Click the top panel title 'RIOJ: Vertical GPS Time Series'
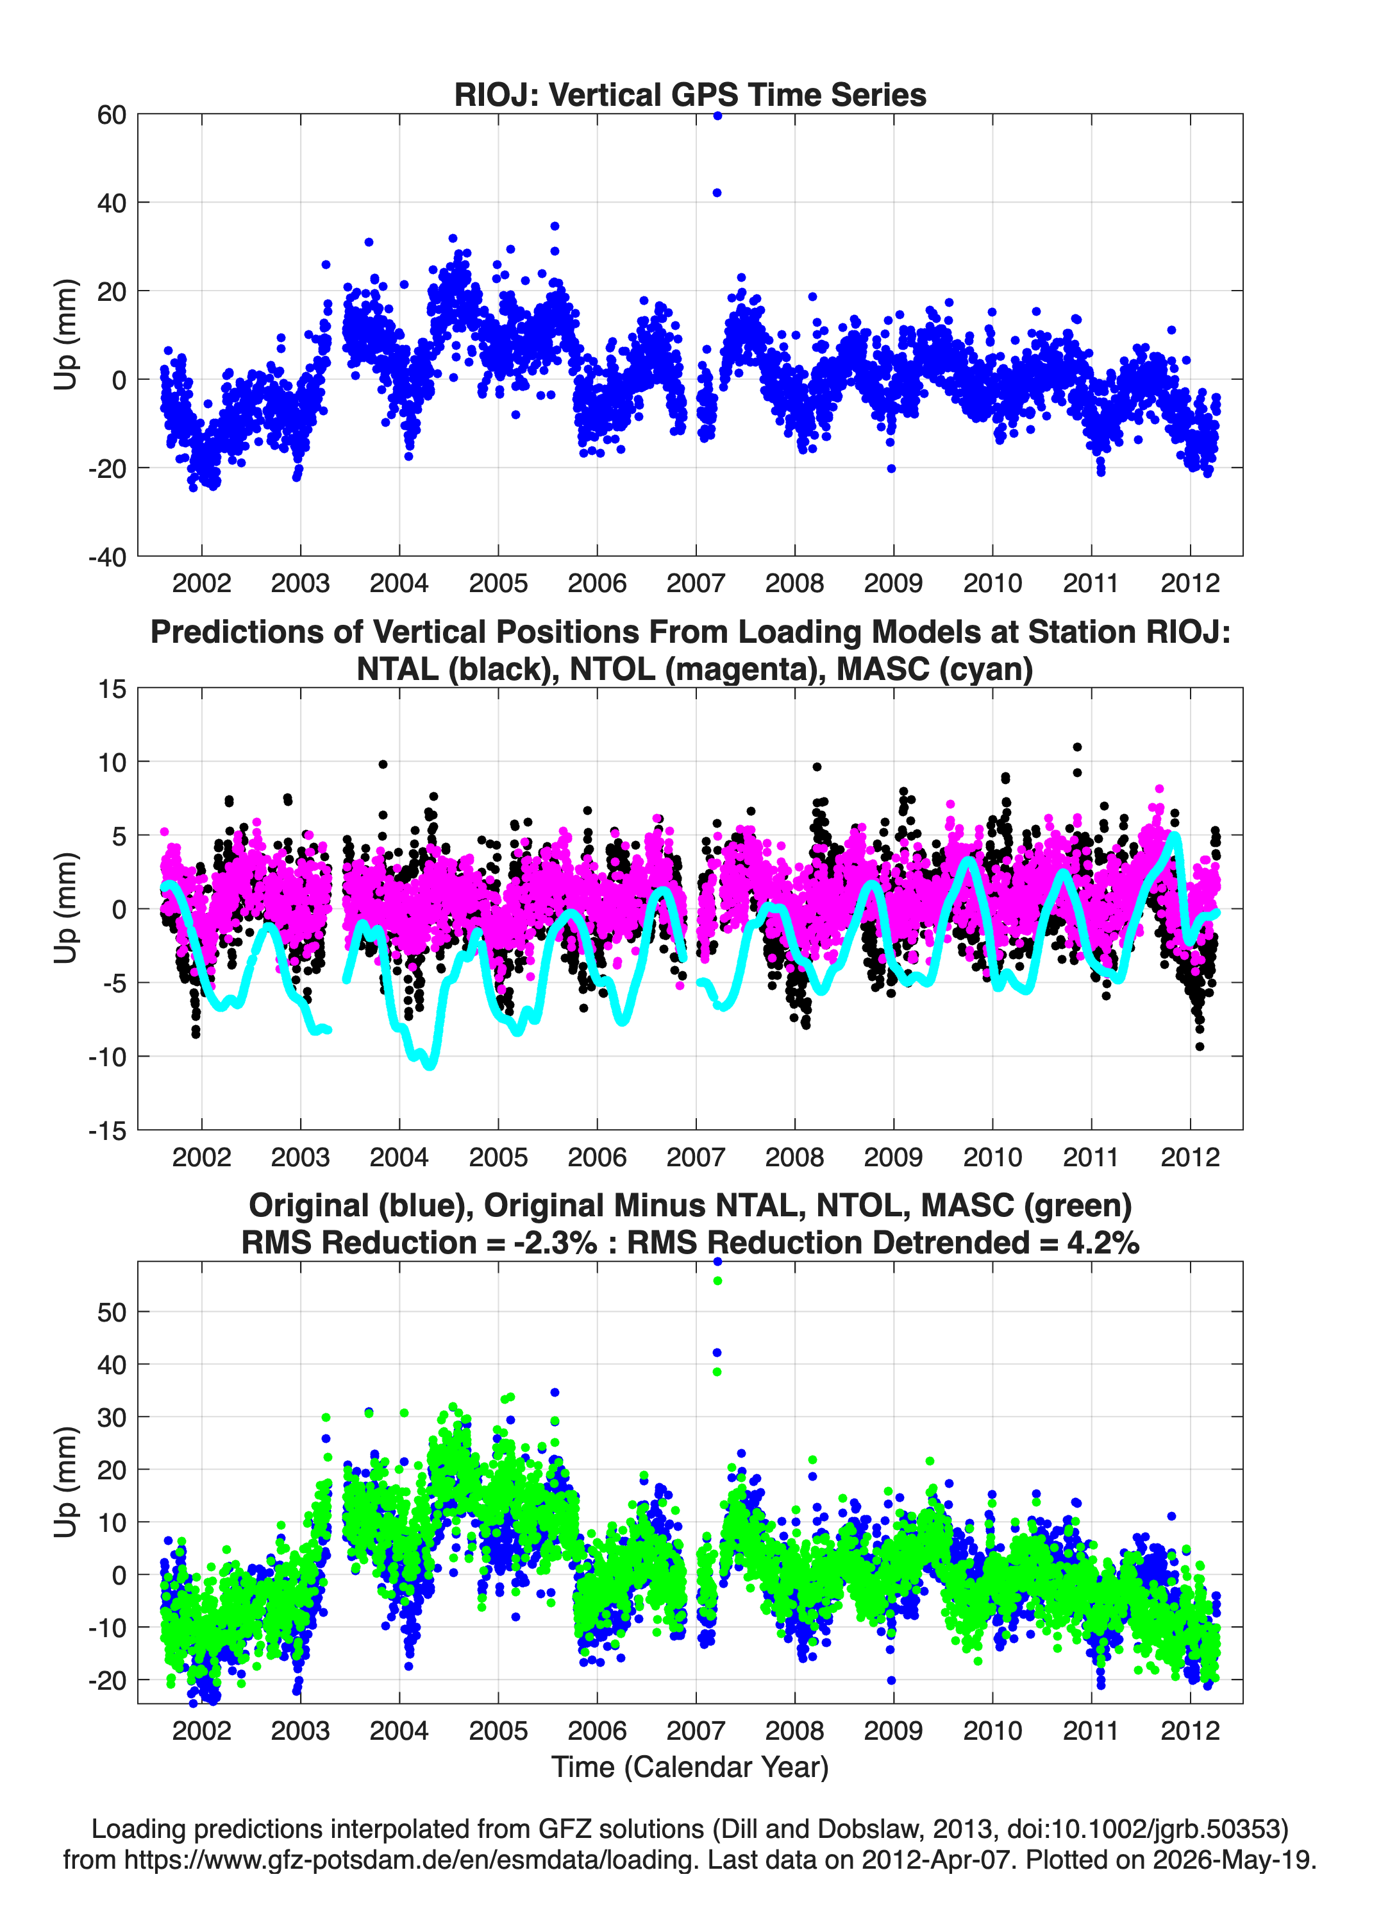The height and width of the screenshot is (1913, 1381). (690, 94)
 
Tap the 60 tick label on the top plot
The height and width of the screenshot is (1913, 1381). (112, 115)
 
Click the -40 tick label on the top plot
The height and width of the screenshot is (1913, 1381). (107, 557)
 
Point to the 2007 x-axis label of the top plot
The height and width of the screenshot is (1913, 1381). (696, 583)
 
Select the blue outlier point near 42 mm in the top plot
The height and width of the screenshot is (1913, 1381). (717, 193)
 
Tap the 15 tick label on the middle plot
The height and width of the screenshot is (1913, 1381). (112, 689)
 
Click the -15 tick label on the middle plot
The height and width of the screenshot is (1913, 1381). (107, 1130)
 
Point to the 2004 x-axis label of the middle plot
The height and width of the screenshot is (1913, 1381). (399, 1157)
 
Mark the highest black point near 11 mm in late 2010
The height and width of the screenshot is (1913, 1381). (1076, 747)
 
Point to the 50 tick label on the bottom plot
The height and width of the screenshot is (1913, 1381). (112, 1313)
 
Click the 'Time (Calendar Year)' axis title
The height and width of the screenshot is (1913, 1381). (690, 1765)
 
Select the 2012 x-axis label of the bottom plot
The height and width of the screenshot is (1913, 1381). (1189, 1730)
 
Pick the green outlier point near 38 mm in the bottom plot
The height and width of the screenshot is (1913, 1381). (717, 1372)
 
